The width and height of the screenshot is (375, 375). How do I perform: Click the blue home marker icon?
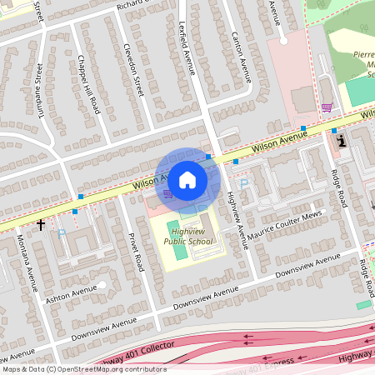(x=187, y=179)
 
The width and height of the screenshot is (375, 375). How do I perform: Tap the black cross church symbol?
(x=41, y=224)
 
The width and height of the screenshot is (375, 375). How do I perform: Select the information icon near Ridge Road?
(x=342, y=142)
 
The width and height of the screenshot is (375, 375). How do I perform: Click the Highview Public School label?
(x=187, y=236)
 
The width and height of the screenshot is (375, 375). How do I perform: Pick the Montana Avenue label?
(x=31, y=261)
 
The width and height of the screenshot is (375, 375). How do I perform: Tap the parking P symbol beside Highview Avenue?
(x=244, y=183)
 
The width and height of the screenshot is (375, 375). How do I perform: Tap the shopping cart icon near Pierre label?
(x=327, y=107)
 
